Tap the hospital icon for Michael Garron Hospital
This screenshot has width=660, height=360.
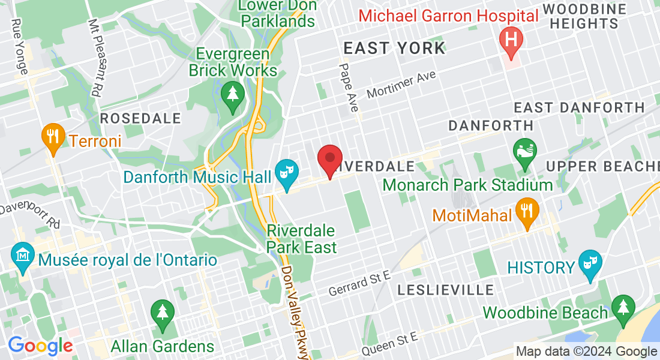tap(511, 40)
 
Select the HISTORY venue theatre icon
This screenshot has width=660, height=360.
tap(590, 263)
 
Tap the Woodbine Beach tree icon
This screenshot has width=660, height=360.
tap(623, 308)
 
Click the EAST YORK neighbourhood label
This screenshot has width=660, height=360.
tap(394, 49)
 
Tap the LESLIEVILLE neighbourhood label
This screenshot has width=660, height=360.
tap(446, 290)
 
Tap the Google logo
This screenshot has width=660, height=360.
tap(40, 346)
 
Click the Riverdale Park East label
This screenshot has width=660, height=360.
tap(301, 238)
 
